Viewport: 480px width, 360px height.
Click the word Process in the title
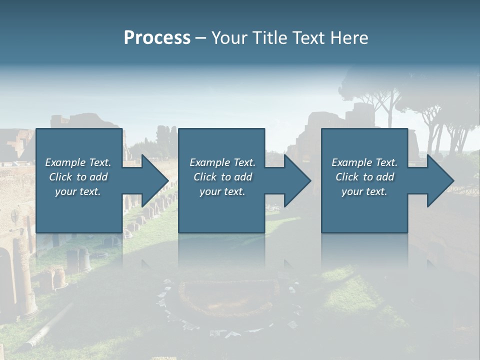click(x=157, y=38)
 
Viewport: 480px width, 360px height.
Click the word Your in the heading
click(x=229, y=38)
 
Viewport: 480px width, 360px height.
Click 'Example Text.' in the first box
click(x=78, y=162)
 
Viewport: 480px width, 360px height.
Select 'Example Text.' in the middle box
click(x=222, y=162)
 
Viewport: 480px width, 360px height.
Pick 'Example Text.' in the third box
click(x=364, y=162)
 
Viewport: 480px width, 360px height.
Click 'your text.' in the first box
click(x=78, y=191)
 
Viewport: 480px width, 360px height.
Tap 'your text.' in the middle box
click(x=222, y=191)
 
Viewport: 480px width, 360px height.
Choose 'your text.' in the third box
click(x=364, y=191)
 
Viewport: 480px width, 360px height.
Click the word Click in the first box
click(x=60, y=177)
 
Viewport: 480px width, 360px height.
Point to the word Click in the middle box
click(x=205, y=177)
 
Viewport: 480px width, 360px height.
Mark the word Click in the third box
click(x=347, y=177)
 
